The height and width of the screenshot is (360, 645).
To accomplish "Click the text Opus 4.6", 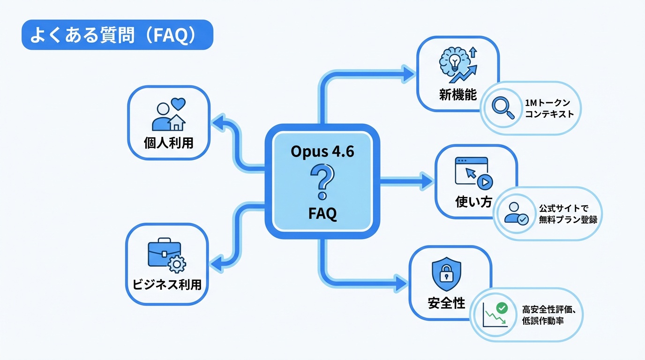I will click(x=322, y=152).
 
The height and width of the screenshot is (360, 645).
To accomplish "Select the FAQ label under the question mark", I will click(x=322, y=213).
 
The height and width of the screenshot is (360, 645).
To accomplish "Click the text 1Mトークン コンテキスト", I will click(x=549, y=108).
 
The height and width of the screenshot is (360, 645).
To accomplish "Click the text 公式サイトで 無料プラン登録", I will click(x=568, y=214).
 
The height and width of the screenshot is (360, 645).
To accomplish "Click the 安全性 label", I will click(x=446, y=303).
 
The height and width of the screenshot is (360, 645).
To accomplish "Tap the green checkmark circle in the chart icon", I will click(x=502, y=308).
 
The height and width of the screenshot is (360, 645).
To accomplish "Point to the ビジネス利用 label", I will click(x=166, y=285).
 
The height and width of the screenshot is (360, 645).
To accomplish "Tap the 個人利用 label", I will click(x=168, y=143).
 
